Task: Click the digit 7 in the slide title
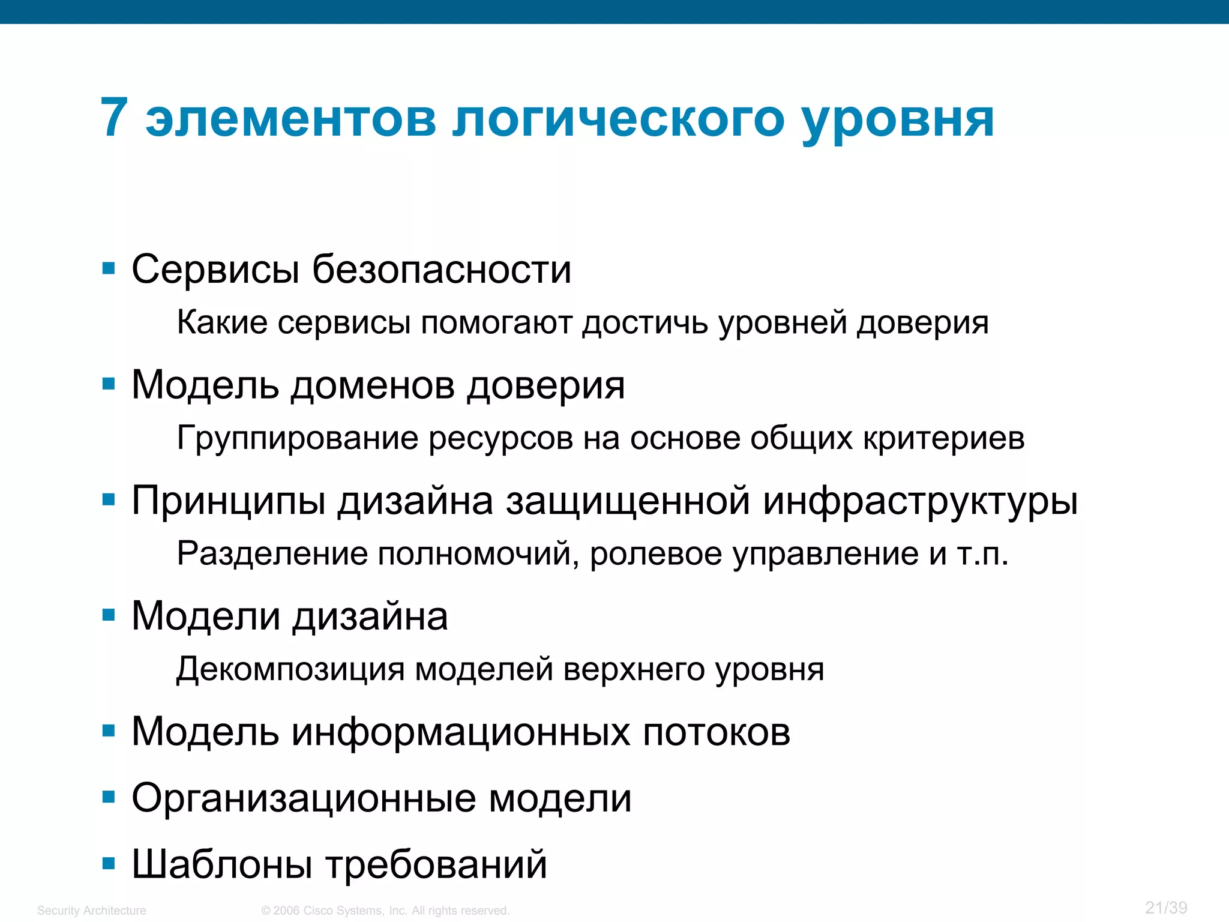[x=114, y=118]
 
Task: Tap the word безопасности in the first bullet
[x=442, y=270]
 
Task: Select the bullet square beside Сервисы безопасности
[x=109, y=268]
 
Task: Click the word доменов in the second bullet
[x=373, y=385]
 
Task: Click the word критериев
[x=944, y=439]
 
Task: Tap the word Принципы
[x=229, y=501]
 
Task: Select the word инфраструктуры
[x=920, y=501]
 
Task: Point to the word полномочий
[x=478, y=554]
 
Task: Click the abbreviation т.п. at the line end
[x=982, y=554]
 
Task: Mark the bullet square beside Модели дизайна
[x=109, y=615]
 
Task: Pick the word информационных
[x=461, y=732]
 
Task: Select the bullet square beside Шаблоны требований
[x=109, y=864]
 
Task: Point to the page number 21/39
[x=1166, y=908]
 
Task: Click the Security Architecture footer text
[x=92, y=911]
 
